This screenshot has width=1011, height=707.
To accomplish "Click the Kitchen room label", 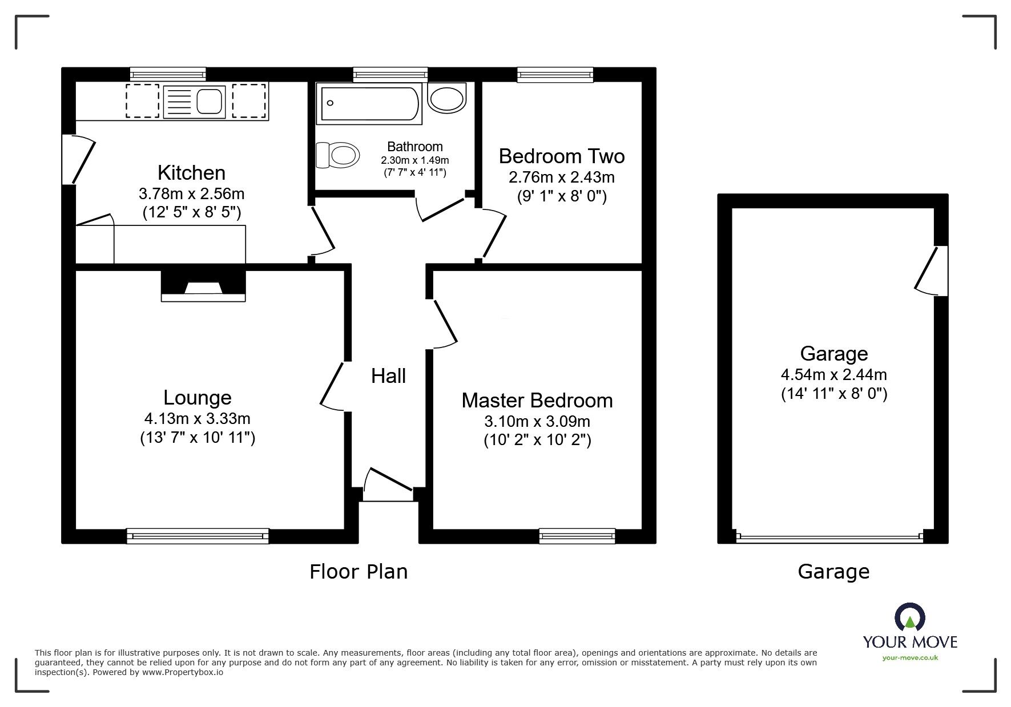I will tap(191, 172).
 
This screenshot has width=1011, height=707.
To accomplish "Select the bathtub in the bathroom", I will tap(369, 103).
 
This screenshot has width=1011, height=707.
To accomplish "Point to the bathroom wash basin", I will tap(448, 98).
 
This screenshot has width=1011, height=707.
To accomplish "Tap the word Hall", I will tap(388, 376).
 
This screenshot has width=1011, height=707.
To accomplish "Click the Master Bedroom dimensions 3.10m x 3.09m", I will tap(537, 422).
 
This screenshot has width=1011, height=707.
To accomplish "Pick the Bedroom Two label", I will tap(561, 156).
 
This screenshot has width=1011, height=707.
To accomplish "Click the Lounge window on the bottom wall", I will tap(197, 535).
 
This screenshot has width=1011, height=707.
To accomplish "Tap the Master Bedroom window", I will tap(577, 535).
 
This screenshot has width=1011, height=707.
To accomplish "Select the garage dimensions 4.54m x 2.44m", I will tap(833, 375).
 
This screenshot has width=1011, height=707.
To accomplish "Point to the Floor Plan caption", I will tap(359, 571).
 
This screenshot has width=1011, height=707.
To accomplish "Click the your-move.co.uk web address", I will tap(909, 658).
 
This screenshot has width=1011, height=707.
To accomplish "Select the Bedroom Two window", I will tap(555, 74).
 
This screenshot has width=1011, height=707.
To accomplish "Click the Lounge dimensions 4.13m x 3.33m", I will tap(197, 419).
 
